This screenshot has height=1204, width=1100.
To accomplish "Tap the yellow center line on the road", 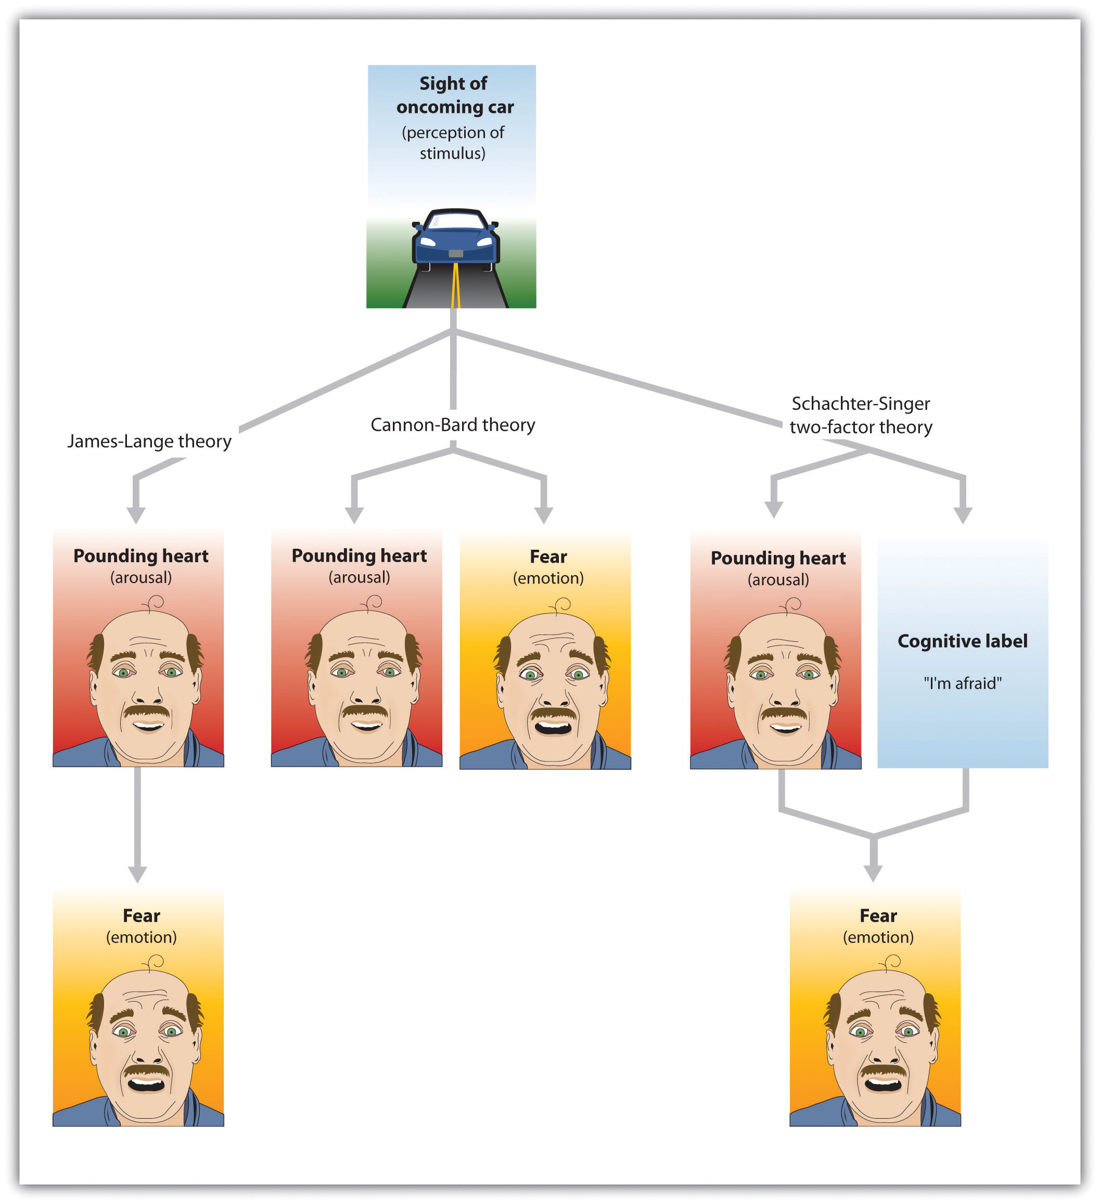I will pyautogui.click(x=456, y=287).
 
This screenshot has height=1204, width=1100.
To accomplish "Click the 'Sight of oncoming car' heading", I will pyautogui.click(x=454, y=95).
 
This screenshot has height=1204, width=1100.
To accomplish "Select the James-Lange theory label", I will pyautogui.click(x=149, y=442).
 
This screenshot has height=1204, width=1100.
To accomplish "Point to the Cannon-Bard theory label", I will pyautogui.click(x=453, y=424).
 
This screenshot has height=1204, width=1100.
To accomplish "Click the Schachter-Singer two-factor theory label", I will pyautogui.click(x=861, y=415).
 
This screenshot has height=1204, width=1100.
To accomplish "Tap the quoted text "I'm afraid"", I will pyautogui.click(x=963, y=683).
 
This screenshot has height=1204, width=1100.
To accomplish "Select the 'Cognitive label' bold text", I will pyautogui.click(x=963, y=641).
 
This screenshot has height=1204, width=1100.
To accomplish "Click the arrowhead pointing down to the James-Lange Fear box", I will pyautogui.click(x=137, y=874).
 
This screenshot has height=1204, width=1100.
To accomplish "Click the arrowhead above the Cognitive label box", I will pyautogui.click(x=963, y=515).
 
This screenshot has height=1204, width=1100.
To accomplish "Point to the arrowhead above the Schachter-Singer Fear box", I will pyautogui.click(x=874, y=873).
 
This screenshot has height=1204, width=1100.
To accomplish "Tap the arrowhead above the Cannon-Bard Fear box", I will pyautogui.click(x=544, y=515).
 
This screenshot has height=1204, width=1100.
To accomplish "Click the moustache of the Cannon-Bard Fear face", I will pyautogui.click(x=554, y=714).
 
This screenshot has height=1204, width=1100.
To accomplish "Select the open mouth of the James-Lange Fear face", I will pyautogui.click(x=146, y=1082).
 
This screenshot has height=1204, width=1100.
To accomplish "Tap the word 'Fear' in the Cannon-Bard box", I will pyautogui.click(x=548, y=556).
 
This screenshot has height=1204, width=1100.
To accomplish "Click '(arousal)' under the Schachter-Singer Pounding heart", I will pyautogui.click(x=778, y=580).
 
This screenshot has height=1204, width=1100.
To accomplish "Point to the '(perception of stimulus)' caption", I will pyautogui.click(x=453, y=143).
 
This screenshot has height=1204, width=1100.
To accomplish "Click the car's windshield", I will pyautogui.click(x=456, y=222).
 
